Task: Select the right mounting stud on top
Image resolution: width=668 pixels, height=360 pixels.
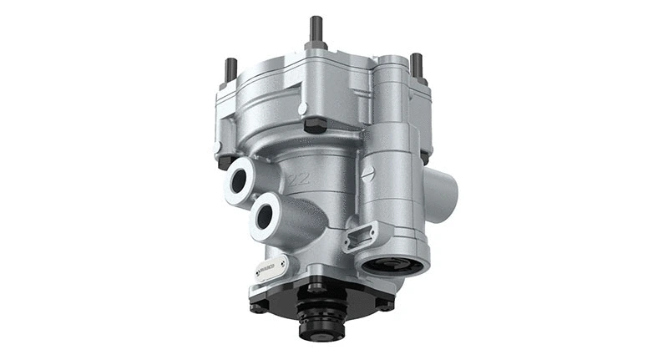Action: (416, 65)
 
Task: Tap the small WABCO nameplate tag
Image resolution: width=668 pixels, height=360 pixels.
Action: (273, 270)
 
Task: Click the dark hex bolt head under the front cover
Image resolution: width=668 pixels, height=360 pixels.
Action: (315, 126)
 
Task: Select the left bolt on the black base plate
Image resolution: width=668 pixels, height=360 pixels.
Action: (260, 306)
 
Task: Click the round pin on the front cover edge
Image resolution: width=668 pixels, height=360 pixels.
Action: (303, 108)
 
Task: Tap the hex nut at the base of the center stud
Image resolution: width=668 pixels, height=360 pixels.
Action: (316, 49)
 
